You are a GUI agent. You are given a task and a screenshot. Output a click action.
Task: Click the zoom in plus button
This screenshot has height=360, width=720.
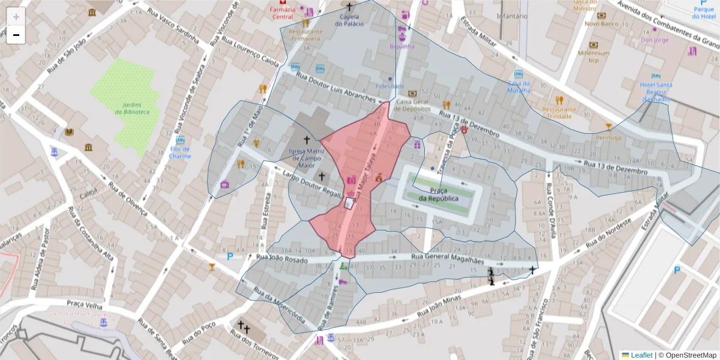click(x=16, y=17)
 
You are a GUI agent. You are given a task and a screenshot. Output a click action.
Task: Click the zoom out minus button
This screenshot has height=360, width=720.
click(x=16, y=35)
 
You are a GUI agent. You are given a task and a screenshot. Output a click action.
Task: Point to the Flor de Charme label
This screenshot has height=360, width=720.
click(x=180, y=152)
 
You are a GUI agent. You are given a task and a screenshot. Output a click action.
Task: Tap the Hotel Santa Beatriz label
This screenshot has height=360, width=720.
click(x=655, y=92)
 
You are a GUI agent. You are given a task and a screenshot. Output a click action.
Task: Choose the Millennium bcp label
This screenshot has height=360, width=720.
click(x=593, y=56)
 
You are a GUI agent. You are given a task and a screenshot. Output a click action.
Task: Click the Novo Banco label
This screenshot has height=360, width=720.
click(x=601, y=24)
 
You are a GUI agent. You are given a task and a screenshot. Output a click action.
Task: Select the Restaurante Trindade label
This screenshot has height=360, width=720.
click(x=559, y=113)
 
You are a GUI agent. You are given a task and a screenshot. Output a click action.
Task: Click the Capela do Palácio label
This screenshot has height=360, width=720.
click(x=349, y=20)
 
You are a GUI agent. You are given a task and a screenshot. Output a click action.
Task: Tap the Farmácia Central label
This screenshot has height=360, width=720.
click(x=283, y=13)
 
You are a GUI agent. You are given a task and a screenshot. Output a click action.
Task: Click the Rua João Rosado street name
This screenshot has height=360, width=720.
click(x=281, y=259)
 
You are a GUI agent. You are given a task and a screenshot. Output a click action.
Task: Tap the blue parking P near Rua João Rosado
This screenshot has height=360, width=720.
click(x=230, y=257)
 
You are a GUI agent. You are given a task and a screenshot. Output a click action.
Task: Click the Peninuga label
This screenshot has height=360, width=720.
click(x=608, y=137)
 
